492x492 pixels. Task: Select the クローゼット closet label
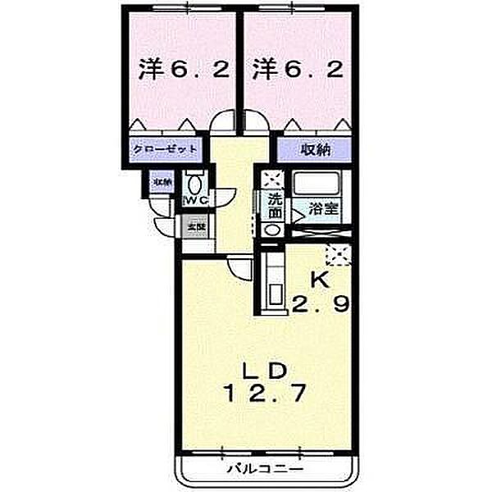(x=166, y=150)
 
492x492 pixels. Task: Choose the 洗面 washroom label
(x=272, y=203)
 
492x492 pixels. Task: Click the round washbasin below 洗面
(x=273, y=230)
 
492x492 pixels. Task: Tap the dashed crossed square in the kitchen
(x=338, y=255)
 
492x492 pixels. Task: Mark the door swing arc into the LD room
(x=239, y=269)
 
